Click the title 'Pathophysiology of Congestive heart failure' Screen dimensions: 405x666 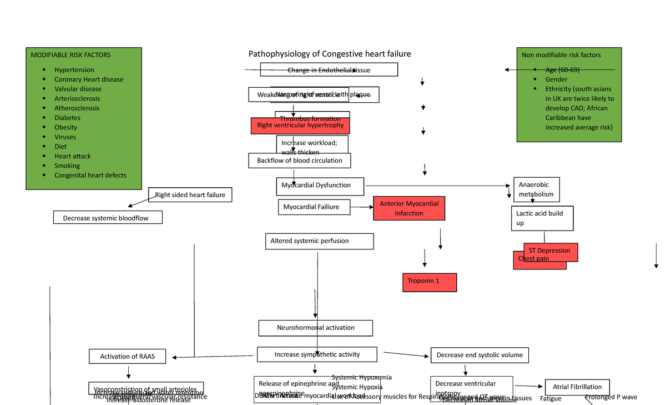coord(330,54)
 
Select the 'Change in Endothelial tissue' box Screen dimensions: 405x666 coord(329,70)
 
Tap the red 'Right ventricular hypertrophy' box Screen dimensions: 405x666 coord(300,126)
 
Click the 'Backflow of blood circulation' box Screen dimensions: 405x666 coord(300,161)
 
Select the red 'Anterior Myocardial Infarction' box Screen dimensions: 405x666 coord(408,208)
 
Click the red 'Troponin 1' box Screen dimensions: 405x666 coord(429,282)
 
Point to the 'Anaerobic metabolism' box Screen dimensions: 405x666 coord(536,189)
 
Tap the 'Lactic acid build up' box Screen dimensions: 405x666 coord(542,218)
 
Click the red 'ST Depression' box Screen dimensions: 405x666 coord(551,251)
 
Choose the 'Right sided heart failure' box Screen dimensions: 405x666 coord(190,195)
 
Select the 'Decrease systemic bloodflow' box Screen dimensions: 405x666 coord(108,218)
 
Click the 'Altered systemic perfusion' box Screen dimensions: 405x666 coord(319,241)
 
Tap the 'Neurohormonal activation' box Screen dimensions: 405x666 coord(315,328)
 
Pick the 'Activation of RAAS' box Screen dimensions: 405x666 coord(127,357)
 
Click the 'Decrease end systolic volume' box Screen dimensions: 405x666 coord(480,355)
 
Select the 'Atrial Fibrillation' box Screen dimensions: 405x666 coord(577,387)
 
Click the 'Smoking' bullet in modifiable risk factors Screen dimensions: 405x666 coord(67,166)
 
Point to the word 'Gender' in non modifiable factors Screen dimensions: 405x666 coord(556,79)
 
